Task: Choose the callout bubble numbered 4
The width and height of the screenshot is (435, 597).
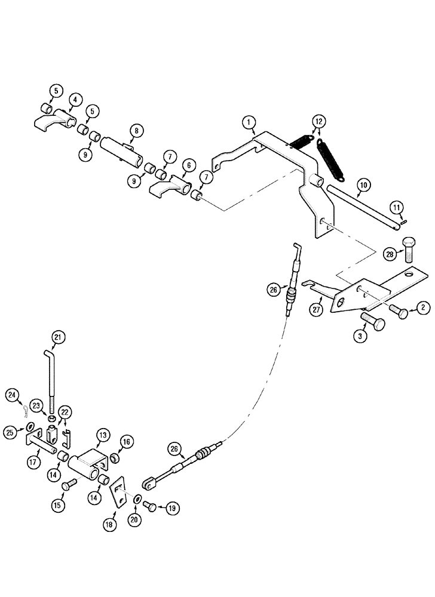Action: click(x=74, y=101)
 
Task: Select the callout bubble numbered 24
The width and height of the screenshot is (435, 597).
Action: click(x=13, y=394)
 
